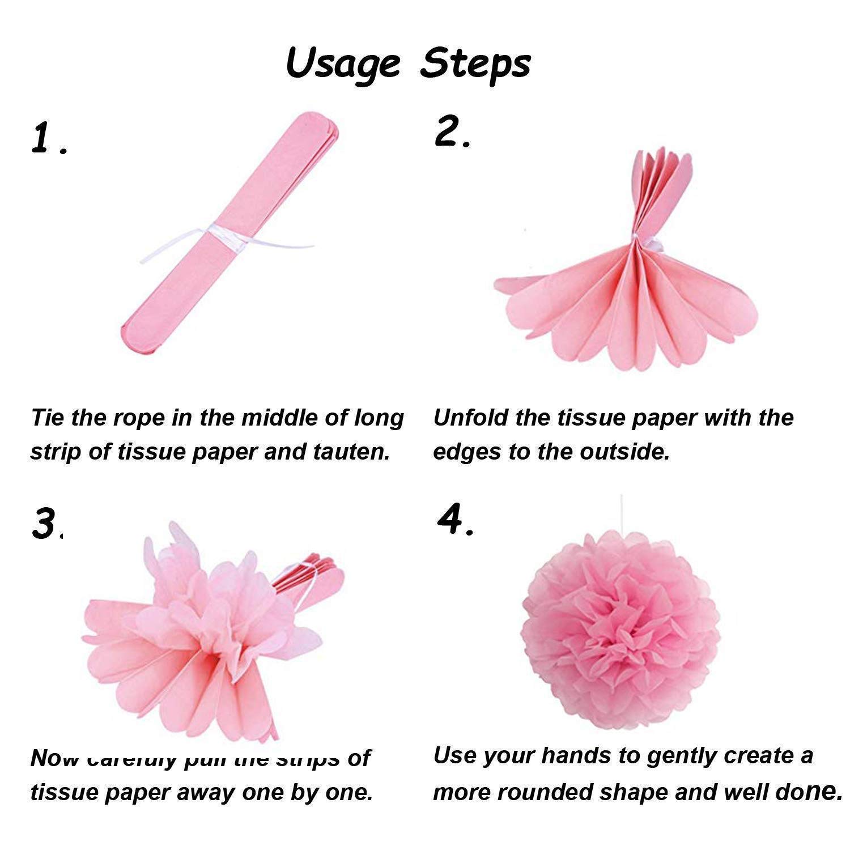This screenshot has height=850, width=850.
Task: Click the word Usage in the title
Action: tap(343, 63)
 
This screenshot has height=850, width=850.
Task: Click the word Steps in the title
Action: tap(475, 63)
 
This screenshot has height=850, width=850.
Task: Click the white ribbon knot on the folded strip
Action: tap(218, 233)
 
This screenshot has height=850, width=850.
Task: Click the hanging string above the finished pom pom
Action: tap(622, 513)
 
